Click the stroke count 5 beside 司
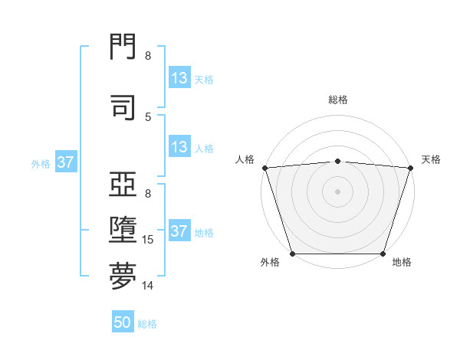tap(148, 116)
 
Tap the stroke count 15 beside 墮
tap(149, 240)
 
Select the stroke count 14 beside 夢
tap(149, 286)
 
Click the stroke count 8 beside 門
tap(148, 56)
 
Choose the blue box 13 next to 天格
tap(179, 78)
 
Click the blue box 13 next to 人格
tap(179, 147)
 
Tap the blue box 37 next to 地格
tap(179, 231)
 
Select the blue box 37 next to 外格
tap(65, 162)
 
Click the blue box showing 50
tap(123, 322)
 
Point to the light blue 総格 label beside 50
tap(147, 323)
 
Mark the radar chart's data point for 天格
tap(410, 168)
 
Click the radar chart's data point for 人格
tap(264, 168)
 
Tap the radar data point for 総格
tap(337, 161)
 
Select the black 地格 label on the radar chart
tap(402, 262)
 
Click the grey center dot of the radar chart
tap(337, 191)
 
